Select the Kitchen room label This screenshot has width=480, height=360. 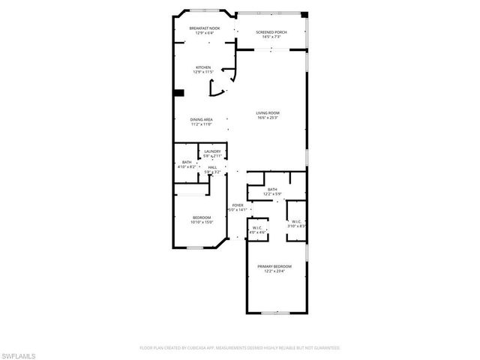point(202,67)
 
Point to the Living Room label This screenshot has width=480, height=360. point(268,112)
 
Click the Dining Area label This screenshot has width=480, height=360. point(201,119)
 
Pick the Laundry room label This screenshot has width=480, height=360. point(212,151)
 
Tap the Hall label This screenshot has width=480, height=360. point(213,167)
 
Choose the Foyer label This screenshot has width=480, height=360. point(238,205)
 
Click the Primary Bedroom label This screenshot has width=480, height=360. point(274,266)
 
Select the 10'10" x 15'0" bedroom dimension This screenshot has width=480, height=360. point(202,222)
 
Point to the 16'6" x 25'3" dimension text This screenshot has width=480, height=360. point(268,117)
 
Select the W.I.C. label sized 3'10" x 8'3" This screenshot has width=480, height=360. point(296,223)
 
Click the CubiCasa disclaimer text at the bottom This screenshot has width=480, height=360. point(240,348)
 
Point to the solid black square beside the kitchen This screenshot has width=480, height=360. point(178,93)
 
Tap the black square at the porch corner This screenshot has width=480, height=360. point(304,14)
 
